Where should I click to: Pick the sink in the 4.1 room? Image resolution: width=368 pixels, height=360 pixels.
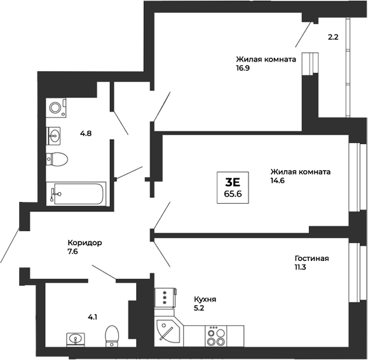point(76,339)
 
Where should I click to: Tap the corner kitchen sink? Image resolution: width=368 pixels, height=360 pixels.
point(168,332)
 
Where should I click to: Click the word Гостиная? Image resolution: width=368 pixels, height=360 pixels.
point(311,258)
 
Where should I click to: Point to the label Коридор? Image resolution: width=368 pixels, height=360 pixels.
point(85,243)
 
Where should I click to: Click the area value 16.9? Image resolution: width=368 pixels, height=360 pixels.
point(243,69)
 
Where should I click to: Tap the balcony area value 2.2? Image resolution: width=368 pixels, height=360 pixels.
point(332,37)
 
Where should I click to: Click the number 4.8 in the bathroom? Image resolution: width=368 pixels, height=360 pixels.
point(86,133)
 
